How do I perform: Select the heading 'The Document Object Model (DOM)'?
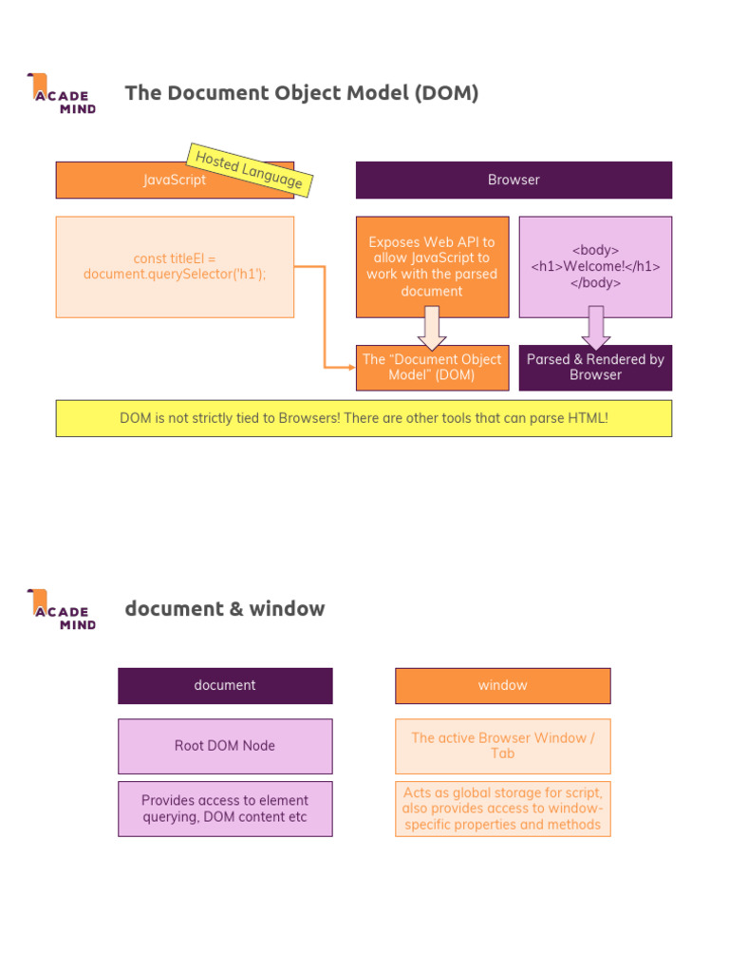tap(302, 93)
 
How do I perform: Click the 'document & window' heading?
tap(225, 609)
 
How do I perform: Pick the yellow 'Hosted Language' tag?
tap(250, 169)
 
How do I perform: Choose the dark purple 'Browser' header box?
tap(514, 180)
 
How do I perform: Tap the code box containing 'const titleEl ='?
tap(175, 267)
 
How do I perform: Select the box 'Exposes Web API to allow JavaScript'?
tap(432, 266)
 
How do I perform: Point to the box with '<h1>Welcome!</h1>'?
tap(595, 266)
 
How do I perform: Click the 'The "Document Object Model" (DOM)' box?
tap(432, 368)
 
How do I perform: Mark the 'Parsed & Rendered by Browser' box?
tap(595, 368)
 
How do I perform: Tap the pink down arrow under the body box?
tap(595, 328)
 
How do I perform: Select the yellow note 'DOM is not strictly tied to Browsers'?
tap(364, 418)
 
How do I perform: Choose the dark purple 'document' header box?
tap(225, 685)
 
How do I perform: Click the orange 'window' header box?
tap(502, 685)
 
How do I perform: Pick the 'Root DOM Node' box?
tap(225, 746)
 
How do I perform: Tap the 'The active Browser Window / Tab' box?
tap(502, 746)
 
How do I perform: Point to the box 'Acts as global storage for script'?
tap(502, 809)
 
